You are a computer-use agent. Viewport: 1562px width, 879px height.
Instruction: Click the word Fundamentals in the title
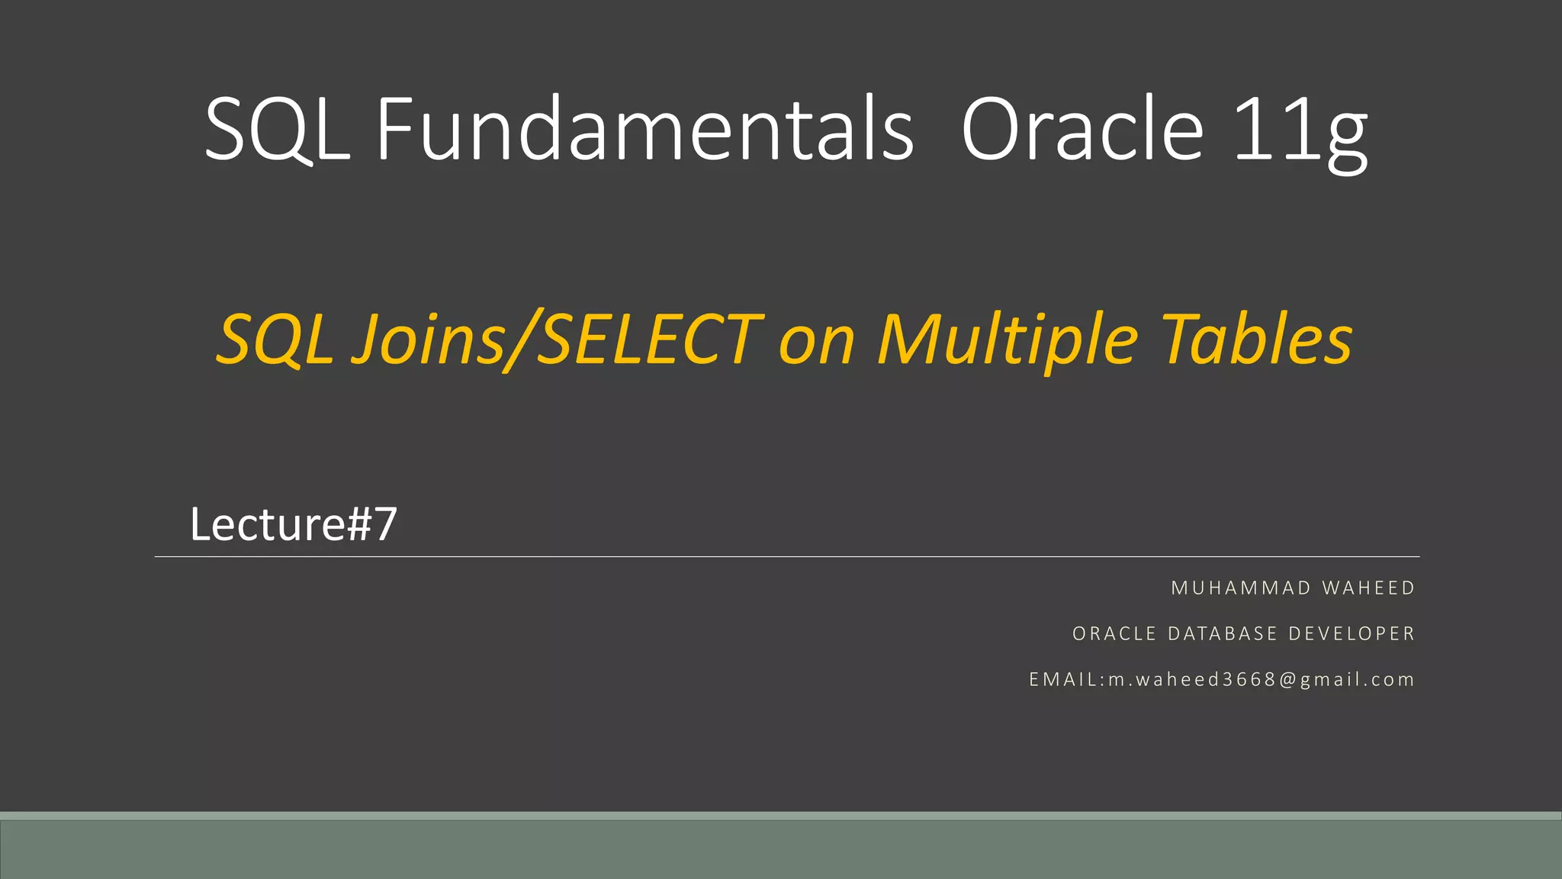click(644, 130)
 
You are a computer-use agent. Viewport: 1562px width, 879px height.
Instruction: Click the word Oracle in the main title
click(1082, 130)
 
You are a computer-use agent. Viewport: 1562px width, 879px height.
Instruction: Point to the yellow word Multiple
click(1007, 340)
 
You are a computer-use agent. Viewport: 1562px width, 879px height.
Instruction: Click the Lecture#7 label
click(294, 525)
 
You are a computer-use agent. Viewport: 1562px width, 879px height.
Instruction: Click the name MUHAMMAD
click(1241, 588)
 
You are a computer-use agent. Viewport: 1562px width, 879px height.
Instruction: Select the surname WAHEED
click(1368, 588)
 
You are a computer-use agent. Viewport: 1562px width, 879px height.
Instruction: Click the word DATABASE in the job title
click(1223, 634)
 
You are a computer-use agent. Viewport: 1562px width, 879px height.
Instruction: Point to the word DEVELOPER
click(1351, 634)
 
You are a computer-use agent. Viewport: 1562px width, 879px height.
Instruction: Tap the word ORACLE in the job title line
click(1114, 634)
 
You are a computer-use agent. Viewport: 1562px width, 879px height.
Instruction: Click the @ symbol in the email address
click(1288, 680)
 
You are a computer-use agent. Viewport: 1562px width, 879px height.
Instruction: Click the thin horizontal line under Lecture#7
click(786, 557)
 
